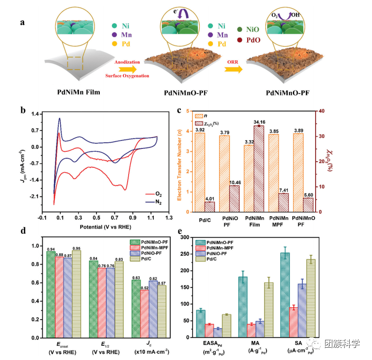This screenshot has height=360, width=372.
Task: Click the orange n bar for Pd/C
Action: coord(199,172)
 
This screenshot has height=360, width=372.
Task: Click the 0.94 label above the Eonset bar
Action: coord(50,249)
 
